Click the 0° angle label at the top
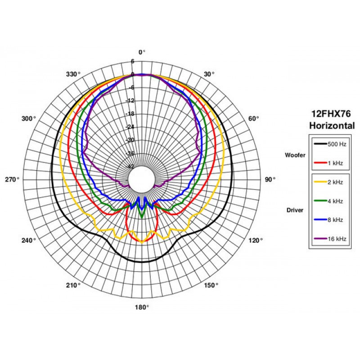tap(142, 52)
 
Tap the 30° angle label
tap(209, 74)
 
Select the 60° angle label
tap(254, 119)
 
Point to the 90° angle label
tap(270, 180)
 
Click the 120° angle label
tap(256, 240)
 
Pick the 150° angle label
tap(211, 285)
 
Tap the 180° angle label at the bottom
tap(142, 307)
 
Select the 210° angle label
tap(73, 285)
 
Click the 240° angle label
tap(29, 240)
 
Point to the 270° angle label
tap(12, 180)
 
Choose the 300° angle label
tap(29, 119)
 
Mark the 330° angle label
tap(73, 74)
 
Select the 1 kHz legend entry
tap(328, 163)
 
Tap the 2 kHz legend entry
tap(328, 182)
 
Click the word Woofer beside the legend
tap(295, 155)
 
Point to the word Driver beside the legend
tap(295, 210)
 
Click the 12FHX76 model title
tap(331, 114)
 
